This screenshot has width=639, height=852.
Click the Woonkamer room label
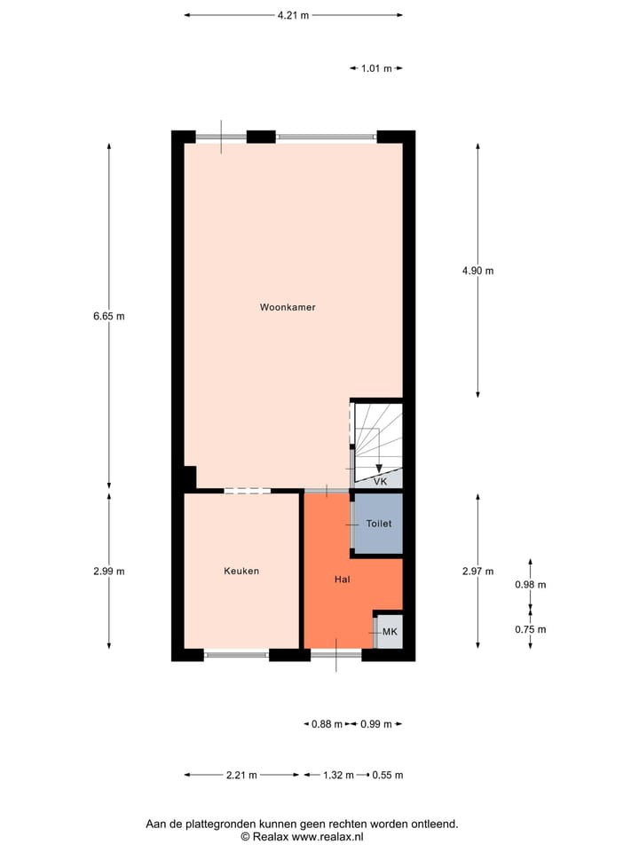[x=288, y=307]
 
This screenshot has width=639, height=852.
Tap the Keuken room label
[x=241, y=571]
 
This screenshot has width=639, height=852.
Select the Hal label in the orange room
[x=342, y=579]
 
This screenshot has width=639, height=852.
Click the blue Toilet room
[x=379, y=524]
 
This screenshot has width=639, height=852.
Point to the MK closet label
[x=390, y=631]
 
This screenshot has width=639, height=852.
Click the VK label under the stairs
[x=381, y=481]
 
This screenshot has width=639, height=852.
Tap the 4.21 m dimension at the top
[x=293, y=15]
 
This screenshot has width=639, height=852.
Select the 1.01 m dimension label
[x=376, y=68]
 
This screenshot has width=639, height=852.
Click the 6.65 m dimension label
[x=108, y=315]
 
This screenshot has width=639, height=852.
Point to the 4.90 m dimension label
[x=477, y=271]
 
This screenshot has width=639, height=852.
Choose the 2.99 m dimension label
[x=108, y=571]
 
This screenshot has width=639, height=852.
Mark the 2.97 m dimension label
[x=477, y=571]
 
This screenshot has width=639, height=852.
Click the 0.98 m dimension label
[x=531, y=585]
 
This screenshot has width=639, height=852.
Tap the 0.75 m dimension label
[x=531, y=629]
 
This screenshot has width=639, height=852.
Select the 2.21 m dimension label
[x=241, y=775]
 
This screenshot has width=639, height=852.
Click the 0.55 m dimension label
[x=388, y=775]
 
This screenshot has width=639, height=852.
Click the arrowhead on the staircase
[x=379, y=469]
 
